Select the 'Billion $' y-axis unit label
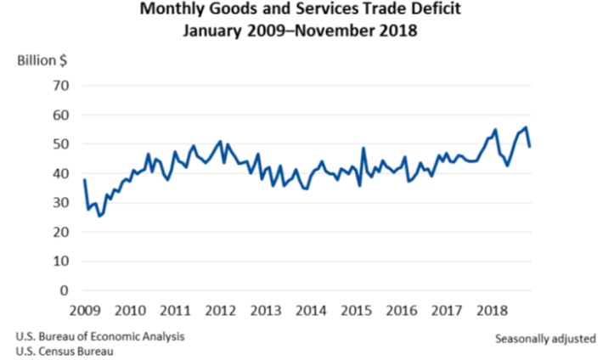pos(40,61)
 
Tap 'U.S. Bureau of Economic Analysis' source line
pos(99,335)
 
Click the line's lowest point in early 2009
pos(99,216)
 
